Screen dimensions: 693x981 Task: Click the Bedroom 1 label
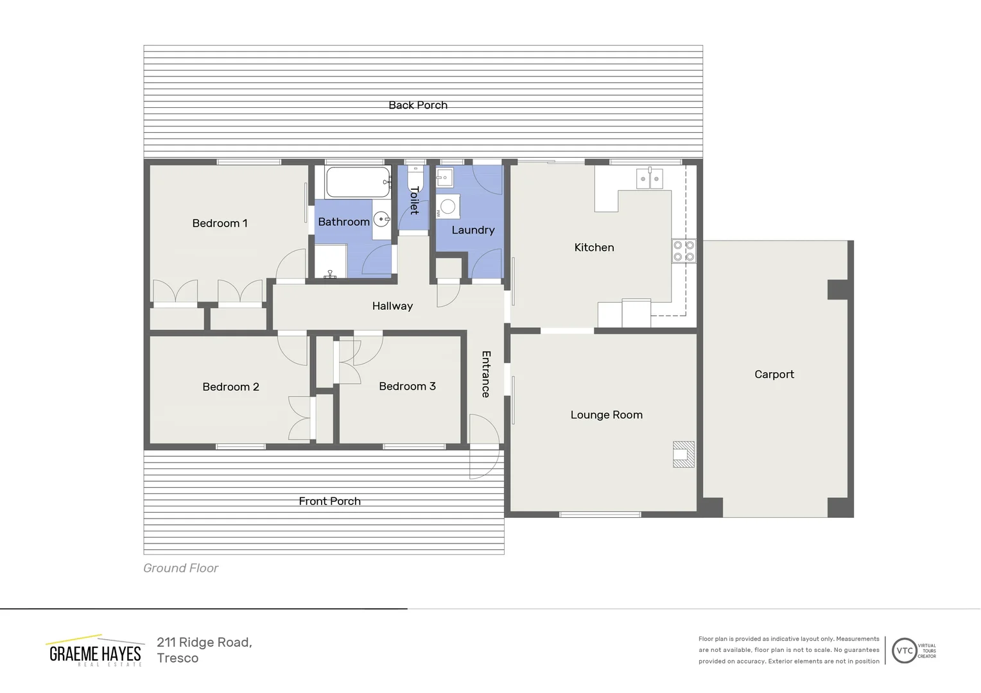point(220,223)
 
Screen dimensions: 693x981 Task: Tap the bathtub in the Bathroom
point(358,182)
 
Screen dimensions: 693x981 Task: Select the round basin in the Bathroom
point(381,219)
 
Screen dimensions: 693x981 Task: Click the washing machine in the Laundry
point(448,207)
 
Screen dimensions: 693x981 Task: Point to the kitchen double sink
point(649,178)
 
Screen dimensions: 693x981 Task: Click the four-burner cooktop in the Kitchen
point(684,251)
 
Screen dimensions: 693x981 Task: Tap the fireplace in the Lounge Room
point(683,454)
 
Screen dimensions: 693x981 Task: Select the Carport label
point(774,375)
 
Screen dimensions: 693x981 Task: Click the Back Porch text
point(418,105)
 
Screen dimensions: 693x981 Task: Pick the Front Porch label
point(329,501)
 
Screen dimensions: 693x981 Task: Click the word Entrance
point(486,374)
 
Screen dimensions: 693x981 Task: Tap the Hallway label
point(392,306)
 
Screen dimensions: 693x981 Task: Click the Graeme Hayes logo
point(95,652)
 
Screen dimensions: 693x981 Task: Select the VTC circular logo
point(904,651)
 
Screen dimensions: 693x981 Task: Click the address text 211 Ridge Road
point(204,642)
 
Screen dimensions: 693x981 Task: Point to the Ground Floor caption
point(180,568)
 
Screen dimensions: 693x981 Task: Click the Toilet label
point(415,200)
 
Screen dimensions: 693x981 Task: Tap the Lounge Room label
point(606,415)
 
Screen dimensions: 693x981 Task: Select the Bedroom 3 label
point(407,386)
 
